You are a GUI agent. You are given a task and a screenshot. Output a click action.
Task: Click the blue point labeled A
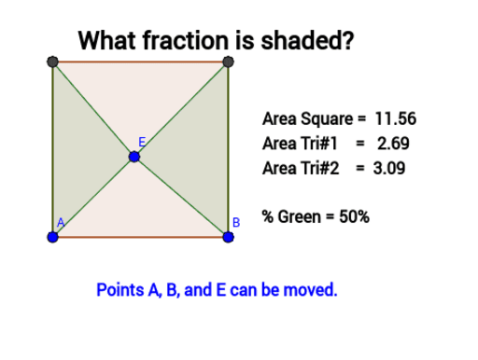tap(52, 237)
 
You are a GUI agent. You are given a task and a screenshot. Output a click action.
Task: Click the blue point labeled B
tap(228, 237)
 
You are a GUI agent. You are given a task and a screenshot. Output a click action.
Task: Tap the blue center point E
tap(134, 157)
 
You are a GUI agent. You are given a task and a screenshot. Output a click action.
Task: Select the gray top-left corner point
tap(52, 62)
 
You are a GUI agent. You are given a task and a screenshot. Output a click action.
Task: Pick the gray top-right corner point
tap(228, 62)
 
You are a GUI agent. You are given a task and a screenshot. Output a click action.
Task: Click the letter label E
tap(142, 141)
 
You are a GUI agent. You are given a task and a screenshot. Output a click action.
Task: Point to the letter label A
tap(61, 222)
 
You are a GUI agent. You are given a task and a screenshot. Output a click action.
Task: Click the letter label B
tap(237, 223)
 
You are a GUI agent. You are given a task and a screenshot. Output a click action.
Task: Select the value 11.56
tap(395, 119)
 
